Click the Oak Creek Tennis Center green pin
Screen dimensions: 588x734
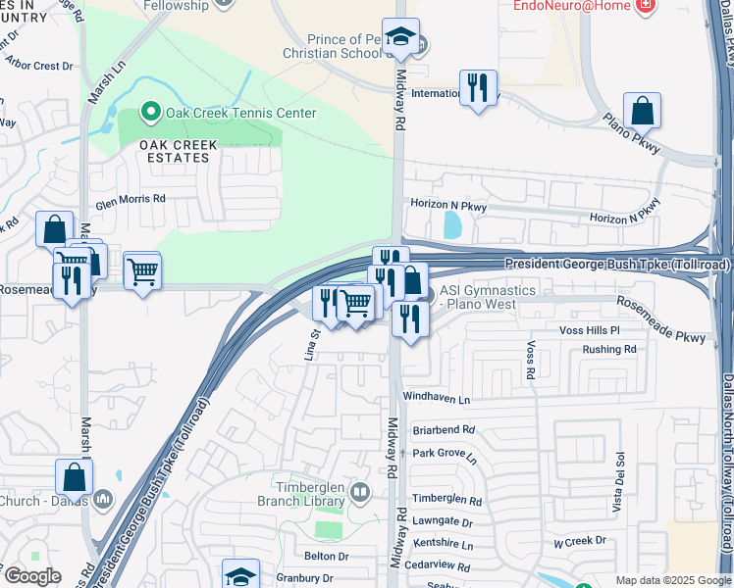[150, 113]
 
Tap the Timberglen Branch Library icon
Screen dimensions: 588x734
[360, 492]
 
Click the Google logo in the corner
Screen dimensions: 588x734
[32, 576]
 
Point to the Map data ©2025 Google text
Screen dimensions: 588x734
[673, 580]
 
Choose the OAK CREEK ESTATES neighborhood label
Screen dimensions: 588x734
[178, 151]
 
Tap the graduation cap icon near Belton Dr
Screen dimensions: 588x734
[240, 575]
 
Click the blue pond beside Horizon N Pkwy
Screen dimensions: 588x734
[452, 226]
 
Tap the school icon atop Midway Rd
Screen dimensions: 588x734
[400, 36]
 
